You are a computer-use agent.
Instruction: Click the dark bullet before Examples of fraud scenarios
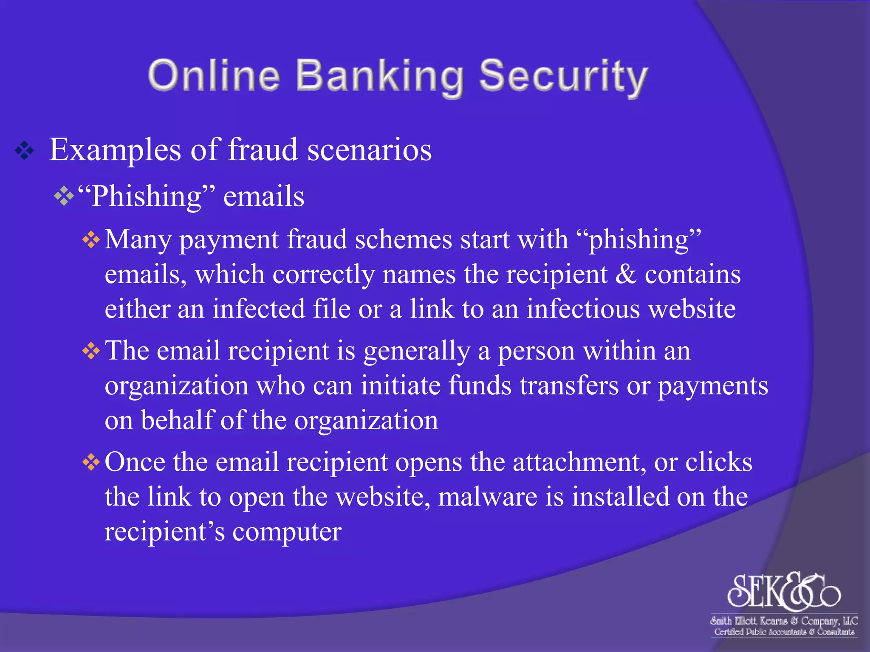click(x=24, y=151)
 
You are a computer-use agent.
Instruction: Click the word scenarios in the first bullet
click(x=369, y=150)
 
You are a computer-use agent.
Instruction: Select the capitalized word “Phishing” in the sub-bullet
click(x=147, y=197)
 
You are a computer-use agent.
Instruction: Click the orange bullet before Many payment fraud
click(x=91, y=240)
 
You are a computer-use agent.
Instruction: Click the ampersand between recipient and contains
click(x=626, y=274)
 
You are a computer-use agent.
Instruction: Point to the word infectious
click(x=583, y=309)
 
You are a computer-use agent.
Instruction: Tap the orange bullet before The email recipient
click(x=91, y=351)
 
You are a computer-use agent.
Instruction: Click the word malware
click(x=487, y=497)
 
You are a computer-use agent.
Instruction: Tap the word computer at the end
click(x=287, y=532)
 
